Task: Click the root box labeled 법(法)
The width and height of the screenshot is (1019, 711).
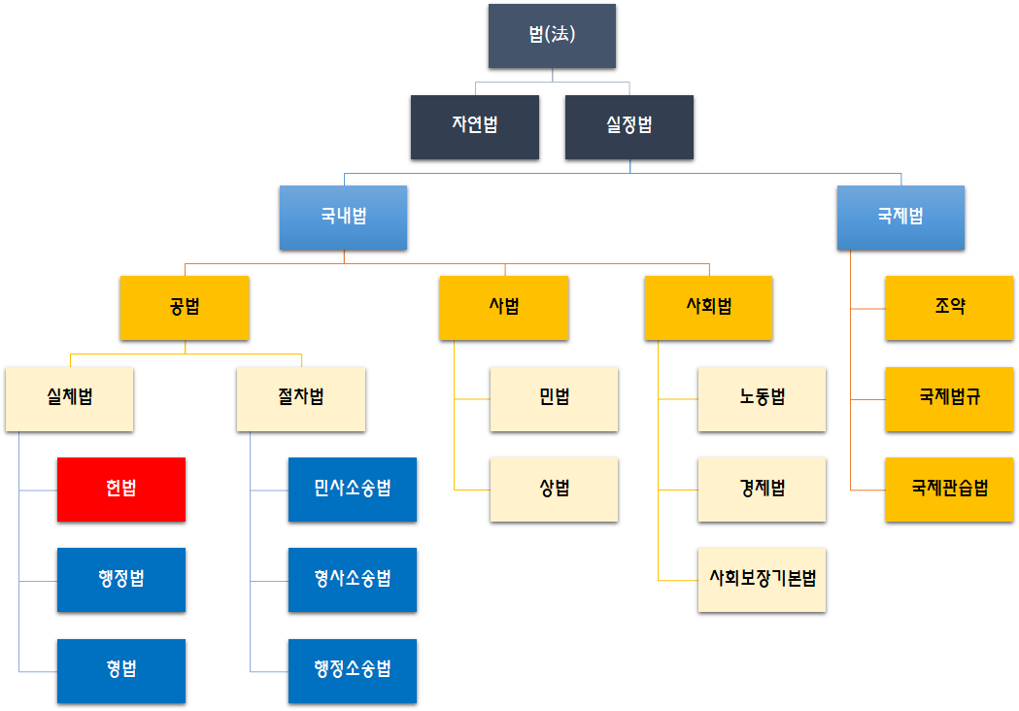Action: (552, 36)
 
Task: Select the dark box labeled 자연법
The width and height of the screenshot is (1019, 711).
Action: (474, 126)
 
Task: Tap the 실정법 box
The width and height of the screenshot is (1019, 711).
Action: (628, 126)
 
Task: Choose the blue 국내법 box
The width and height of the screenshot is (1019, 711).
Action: (343, 218)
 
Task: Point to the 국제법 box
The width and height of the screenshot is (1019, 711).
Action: (900, 218)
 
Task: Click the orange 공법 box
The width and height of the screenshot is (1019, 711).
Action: (184, 308)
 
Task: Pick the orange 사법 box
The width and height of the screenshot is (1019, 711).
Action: (503, 308)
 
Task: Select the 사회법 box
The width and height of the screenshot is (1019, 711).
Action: (708, 308)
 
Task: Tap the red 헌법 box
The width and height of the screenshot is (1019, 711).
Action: (120, 489)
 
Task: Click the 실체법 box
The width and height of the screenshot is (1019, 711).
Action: (69, 398)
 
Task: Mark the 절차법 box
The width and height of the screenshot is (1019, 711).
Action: (301, 398)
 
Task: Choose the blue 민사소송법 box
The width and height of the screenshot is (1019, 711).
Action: (352, 489)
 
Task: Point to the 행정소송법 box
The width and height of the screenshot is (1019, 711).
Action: (352, 670)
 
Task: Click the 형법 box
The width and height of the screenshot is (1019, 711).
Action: (120, 670)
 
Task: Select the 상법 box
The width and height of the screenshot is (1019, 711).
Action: (554, 489)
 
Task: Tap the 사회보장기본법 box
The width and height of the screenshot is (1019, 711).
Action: (762, 580)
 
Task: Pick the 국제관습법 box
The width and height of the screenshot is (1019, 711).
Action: (949, 489)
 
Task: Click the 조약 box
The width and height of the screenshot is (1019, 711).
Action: (949, 308)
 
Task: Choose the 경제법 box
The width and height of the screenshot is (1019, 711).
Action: (762, 489)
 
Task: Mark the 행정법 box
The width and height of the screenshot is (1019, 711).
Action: (120, 580)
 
